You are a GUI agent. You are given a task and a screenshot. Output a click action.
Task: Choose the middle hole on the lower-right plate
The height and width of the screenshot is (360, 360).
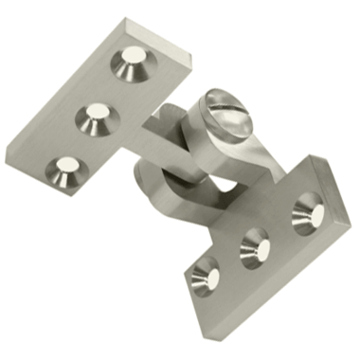[x=254, y=248]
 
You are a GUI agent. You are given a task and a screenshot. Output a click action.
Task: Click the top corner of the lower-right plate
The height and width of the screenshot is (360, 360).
[x=305, y=159]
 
